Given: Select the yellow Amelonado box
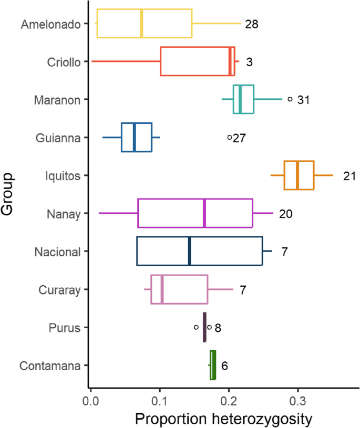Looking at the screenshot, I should (x=144, y=24).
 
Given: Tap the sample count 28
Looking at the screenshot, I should (x=252, y=24).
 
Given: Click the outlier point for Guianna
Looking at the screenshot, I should (x=230, y=137).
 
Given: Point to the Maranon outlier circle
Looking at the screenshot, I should (x=290, y=99).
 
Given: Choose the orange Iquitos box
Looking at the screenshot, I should (x=299, y=175).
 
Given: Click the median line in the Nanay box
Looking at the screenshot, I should (x=204, y=213).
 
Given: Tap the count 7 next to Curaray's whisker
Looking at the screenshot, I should (x=243, y=289).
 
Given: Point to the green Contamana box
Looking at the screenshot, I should (x=213, y=365).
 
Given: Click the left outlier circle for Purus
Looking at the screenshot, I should (x=196, y=327).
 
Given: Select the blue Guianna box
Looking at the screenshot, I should (x=136, y=137).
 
